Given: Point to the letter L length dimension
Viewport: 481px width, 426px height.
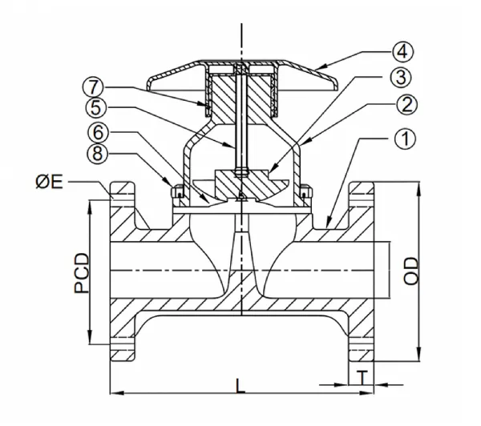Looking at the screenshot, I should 240,384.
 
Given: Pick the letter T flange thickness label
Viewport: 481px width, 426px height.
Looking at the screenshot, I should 363,376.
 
